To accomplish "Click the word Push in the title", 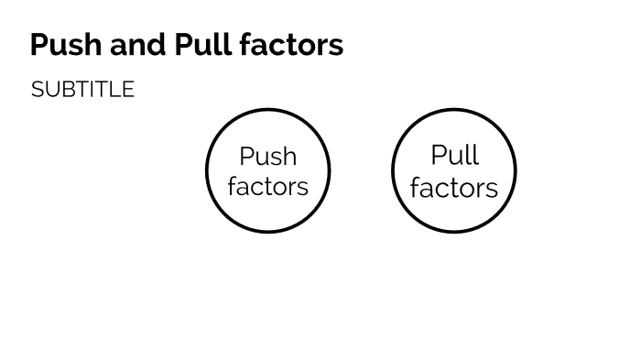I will pos(61,45).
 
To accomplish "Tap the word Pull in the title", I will pos(198,45).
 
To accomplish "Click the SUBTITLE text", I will pos(82,90).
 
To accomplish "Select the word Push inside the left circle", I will pos(267,157).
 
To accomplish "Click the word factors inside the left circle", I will pos(267,187).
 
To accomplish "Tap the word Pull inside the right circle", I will pos(454,156).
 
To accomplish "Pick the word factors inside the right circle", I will pos(454,188).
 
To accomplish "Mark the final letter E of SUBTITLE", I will pos(128,90).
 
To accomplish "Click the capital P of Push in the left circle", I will pos(246,157).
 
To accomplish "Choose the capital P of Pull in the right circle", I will pos(438,156).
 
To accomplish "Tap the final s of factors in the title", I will pos(336,47).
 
